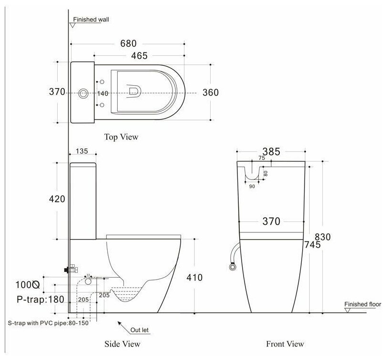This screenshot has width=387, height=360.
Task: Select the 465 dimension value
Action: [x=139, y=56]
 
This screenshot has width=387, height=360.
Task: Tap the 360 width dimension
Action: [x=210, y=92]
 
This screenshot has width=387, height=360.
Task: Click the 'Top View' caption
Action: [x=121, y=137]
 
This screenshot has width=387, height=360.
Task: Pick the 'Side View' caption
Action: [x=122, y=343]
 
